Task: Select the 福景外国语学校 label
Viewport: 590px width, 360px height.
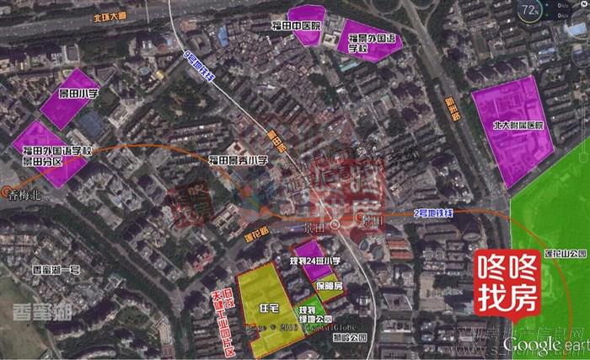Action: pyautogui.click(x=370, y=43)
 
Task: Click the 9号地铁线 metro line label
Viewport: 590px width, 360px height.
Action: pyautogui.click(x=199, y=67)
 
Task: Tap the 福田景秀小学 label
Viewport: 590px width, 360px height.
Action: pyautogui.click(x=238, y=160)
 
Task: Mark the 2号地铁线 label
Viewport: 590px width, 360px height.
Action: pyautogui.click(x=434, y=212)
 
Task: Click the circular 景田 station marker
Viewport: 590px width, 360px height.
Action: pyautogui.click(x=336, y=224)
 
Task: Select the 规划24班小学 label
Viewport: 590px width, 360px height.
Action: pyautogui.click(x=314, y=262)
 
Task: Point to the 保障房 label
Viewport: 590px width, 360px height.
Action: pyautogui.click(x=328, y=286)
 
